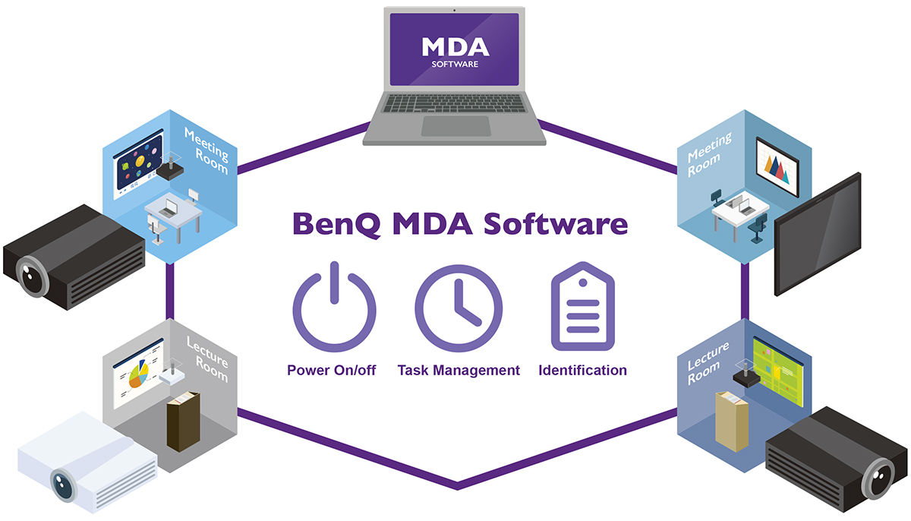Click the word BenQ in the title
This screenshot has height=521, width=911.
click(337, 224)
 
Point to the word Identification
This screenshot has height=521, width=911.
click(582, 370)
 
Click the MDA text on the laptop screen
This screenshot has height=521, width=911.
click(455, 47)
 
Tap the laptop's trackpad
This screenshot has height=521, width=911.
click(456, 126)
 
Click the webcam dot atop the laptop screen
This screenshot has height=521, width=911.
click(454, 10)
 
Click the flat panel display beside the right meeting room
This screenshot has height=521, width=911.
click(818, 234)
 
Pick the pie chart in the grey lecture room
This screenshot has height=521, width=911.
click(138, 376)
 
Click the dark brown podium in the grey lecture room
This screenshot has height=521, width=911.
click(184, 422)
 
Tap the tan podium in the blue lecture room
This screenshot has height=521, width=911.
click(732, 422)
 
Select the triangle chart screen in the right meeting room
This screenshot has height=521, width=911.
click(777, 167)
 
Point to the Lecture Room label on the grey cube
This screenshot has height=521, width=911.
click(207, 359)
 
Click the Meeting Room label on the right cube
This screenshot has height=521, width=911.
click(709, 154)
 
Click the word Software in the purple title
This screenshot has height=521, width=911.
click(556, 224)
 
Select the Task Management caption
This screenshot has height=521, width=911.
click(459, 371)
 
